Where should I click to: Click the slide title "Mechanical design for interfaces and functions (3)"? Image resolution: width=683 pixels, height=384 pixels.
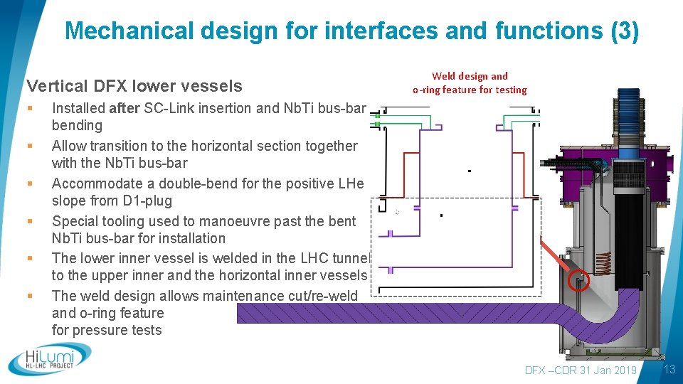coord(351,31)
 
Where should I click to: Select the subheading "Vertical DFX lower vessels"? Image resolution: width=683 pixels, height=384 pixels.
coord(134,86)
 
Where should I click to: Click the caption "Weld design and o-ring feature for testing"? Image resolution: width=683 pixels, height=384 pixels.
coord(470,82)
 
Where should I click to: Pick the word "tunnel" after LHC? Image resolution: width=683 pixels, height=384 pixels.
coord(350,258)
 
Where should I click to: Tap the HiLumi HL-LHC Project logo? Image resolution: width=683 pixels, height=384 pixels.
coord(50,359)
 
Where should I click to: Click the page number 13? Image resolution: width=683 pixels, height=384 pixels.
coord(669,369)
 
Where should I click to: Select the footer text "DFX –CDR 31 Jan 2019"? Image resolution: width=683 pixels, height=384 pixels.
coord(580,370)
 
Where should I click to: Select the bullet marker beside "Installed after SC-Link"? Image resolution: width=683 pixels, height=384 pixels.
coord(30,109)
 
